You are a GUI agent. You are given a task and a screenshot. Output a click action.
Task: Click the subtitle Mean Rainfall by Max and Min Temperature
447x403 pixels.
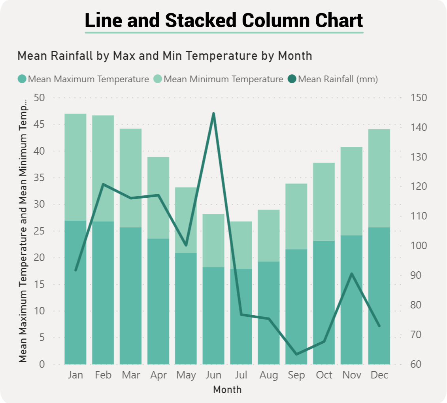(165, 56)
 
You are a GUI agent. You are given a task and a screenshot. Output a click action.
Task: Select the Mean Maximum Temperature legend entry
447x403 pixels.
(84, 79)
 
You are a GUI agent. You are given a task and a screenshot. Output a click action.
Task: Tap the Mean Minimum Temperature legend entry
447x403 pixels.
(219, 79)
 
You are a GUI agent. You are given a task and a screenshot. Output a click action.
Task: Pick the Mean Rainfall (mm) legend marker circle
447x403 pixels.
(292, 79)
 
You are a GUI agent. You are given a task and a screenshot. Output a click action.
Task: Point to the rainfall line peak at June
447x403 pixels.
(213, 114)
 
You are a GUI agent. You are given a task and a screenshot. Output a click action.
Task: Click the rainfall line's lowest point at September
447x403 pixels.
(296, 354)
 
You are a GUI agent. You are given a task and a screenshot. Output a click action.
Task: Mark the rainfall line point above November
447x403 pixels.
(352, 274)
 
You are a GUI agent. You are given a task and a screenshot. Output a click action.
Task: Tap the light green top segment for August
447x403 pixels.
(269, 235)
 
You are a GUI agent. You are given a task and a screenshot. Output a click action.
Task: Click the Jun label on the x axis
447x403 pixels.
(213, 375)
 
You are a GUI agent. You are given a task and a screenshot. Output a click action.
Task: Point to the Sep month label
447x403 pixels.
(296, 375)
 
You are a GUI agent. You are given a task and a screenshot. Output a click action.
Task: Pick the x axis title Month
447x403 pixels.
(227, 390)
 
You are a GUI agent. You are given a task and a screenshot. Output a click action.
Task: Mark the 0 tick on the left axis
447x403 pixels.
(42, 364)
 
